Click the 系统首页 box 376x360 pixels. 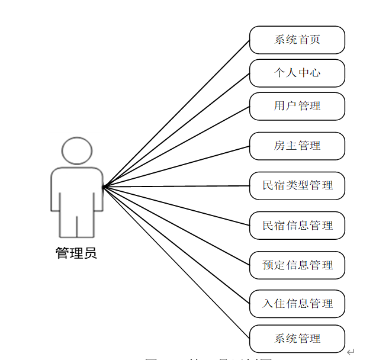click(297, 40)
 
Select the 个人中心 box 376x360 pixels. click(297, 73)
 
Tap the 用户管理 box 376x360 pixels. click(297, 106)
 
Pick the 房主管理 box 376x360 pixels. click(297, 146)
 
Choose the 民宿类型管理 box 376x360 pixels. click(297, 185)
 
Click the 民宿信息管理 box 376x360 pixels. click(297, 226)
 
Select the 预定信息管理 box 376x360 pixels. click(297, 265)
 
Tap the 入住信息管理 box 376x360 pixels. click(297, 304)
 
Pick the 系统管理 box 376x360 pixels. click(297, 339)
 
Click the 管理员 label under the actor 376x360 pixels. click(76, 254)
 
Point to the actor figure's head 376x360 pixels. click(78, 151)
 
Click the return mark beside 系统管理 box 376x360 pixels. click(351, 352)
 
